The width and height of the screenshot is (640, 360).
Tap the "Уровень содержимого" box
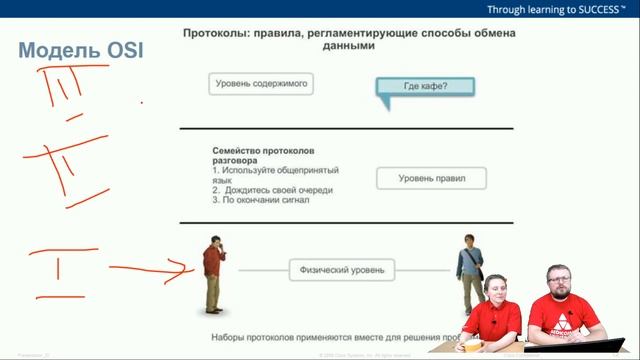coord(262,84)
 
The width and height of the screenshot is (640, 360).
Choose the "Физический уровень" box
coord(342,269)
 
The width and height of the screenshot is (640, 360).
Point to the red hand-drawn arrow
coord(150,268)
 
